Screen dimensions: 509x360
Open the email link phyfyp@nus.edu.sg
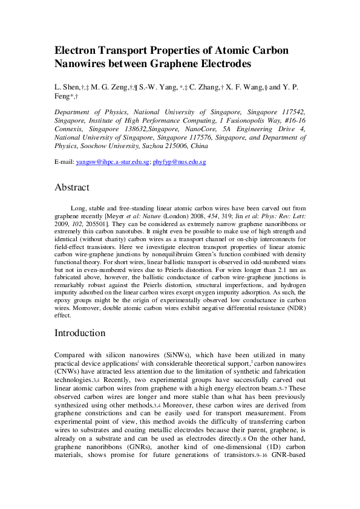(180, 162)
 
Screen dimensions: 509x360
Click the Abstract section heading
(72, 187)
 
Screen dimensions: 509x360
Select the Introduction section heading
(80, 333)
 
